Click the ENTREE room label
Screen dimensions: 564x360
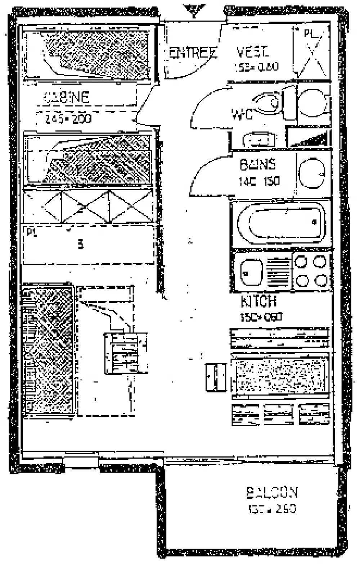pyautogui.click(x=192, y=53)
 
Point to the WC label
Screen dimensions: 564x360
pyautogui.click(x=242, y=115)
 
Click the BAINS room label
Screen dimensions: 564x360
pyautogui.click(x=258, y=165)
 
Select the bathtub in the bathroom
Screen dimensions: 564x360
pyautogui.click(x=281, y=223)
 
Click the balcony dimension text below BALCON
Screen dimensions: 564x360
pyautogui.click(x=272, y=509)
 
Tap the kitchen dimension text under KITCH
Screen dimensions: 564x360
pyautogui.click(x=261, y=317)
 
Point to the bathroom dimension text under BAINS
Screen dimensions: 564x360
pyautogui.click(x=259, y=181)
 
